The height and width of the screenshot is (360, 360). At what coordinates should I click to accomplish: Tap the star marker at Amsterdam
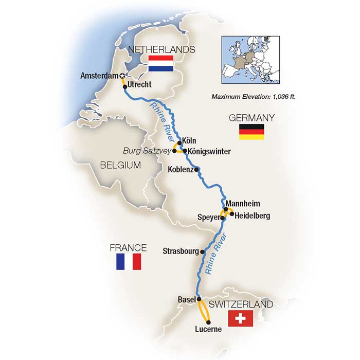122,76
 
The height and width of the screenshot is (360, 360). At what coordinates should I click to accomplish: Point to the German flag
251,132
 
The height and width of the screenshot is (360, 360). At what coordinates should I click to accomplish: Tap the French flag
129,261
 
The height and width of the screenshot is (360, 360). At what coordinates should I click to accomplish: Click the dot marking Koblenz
196,169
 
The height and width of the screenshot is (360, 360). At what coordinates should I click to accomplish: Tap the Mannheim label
241,202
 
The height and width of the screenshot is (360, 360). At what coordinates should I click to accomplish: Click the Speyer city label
208,218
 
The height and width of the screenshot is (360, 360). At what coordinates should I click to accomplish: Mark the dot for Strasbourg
203,252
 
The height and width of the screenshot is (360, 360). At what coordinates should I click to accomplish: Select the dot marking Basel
199,299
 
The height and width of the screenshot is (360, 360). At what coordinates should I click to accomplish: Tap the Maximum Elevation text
253,96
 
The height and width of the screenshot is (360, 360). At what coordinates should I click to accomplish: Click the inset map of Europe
249,61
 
